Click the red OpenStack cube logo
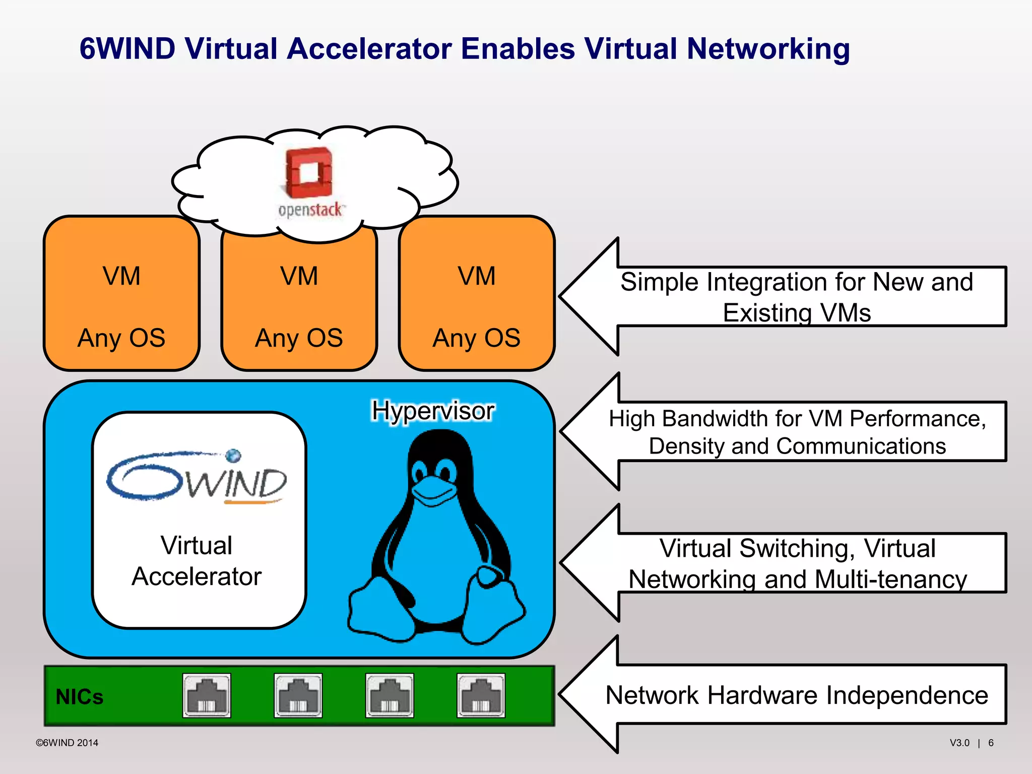coord(309,173)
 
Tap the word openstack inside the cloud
coord(310,210)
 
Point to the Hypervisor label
coord(433,411)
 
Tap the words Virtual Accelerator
coord(197,561)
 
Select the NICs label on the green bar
coord(80,697)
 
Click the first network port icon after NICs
coord(207,695)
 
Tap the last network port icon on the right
coord(481,695)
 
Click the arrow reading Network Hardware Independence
coord(796,695)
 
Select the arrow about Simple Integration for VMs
coord(796,297)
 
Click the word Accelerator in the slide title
coord(369,49)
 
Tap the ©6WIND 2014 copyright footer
coord(67,743)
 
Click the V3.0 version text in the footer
coord(959,743)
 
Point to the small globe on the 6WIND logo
coord(233,456)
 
